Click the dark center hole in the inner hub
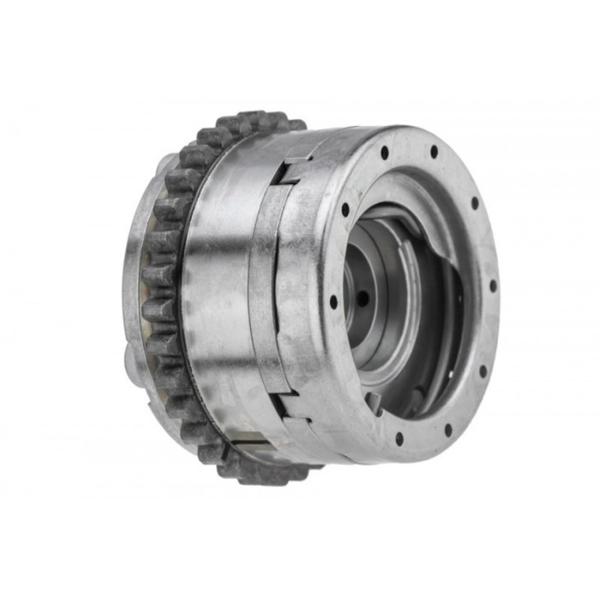pos(363,298)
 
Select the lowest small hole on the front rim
pos(399,439)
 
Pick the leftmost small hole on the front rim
pos(333,301)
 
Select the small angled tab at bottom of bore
pos(375,402)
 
